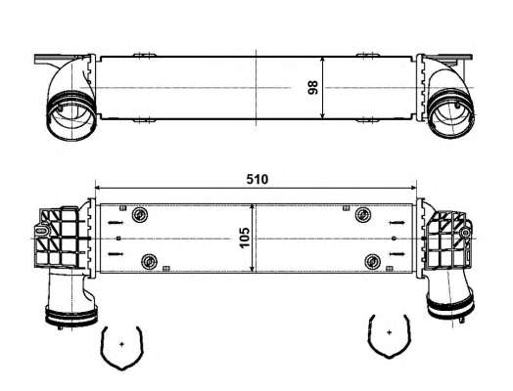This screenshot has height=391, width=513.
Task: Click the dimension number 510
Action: pos(256,180)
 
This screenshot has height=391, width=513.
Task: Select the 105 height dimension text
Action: pos(245,240)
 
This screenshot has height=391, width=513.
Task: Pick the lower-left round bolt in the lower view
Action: pos(150,261)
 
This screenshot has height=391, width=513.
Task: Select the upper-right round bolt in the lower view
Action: pos(362,216)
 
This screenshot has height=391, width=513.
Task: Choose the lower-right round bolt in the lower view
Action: pos(372,261)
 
